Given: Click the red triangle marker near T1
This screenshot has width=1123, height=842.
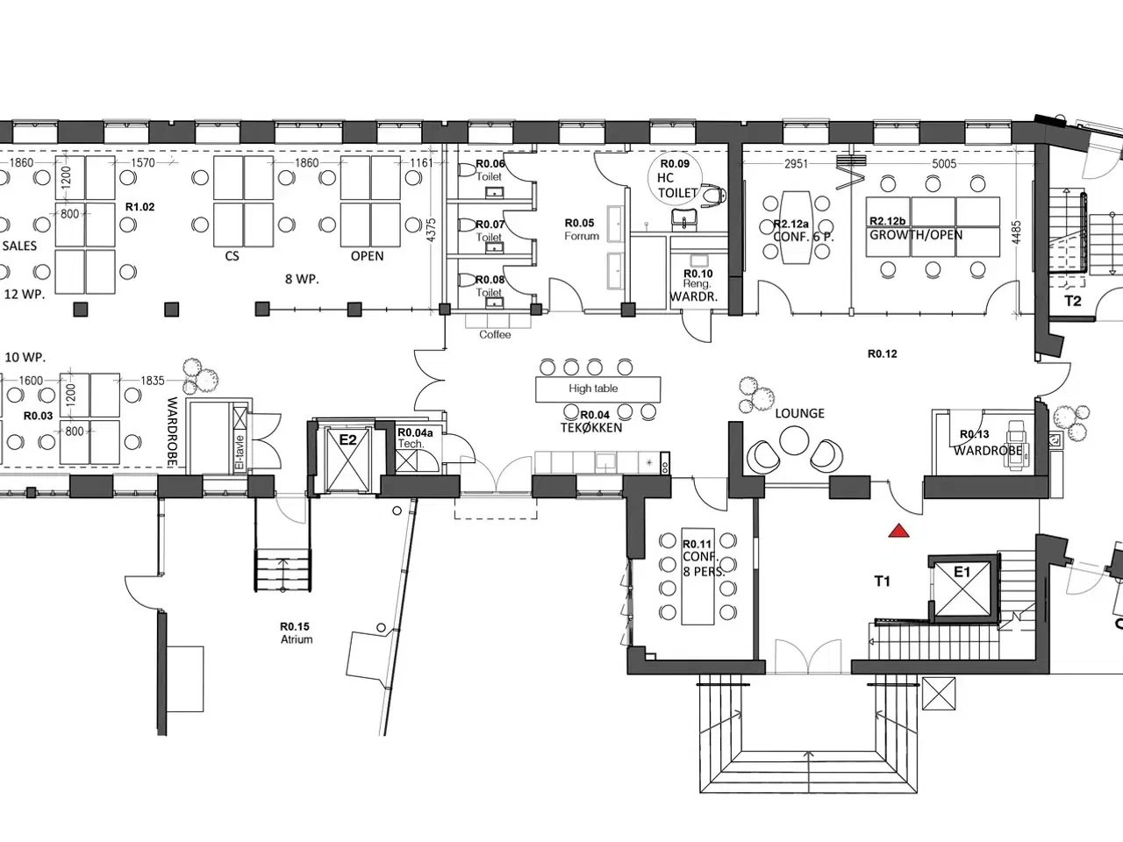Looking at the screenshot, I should coord(898,531).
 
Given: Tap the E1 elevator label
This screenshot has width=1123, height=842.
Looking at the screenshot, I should coord(962,573).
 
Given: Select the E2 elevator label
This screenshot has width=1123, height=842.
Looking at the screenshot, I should coord(348,439).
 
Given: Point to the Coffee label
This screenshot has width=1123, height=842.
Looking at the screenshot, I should coord(495,335).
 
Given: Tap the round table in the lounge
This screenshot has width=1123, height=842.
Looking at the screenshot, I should coord(795,439).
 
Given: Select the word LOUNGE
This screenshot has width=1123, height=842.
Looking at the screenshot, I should coord(799,413).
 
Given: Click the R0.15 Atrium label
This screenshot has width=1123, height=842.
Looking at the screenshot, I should coord(296,632).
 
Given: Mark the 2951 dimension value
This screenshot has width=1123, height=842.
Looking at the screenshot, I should coord(797,164).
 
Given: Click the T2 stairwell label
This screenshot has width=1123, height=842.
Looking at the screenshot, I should coord(1073,301).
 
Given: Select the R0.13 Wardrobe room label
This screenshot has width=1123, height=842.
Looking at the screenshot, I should coord(987,442).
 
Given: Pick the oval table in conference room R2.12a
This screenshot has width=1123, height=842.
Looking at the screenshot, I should coord(798,226).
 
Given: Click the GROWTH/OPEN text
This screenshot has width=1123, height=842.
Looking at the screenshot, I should coord(915,235).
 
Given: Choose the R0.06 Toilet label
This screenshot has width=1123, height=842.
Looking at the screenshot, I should coord(490,170).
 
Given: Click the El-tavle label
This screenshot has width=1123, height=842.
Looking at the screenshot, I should coord(238,447).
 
